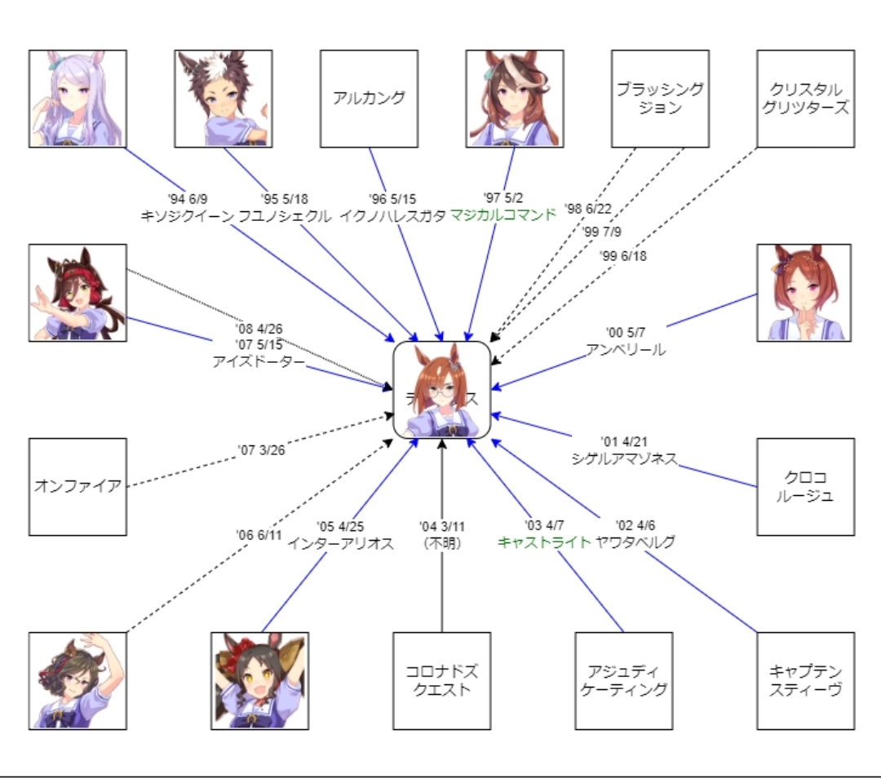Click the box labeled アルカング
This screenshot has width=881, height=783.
tap(369, 99)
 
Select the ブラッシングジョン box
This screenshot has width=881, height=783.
tap(660, 99)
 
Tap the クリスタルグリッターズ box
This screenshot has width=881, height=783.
tap(805, 99)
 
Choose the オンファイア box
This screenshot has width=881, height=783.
tap(77, 487)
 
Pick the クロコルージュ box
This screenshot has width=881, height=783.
tap(805, 487)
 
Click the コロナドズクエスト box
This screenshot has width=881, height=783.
tap(441, 681)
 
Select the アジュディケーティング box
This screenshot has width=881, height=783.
tap(623, 681)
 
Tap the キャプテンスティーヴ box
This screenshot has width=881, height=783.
tap(805, 681)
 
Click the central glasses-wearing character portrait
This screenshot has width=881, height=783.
tap(442, 390)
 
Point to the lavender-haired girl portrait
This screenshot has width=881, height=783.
tap(77, 99)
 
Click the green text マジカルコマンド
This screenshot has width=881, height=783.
tap(502, 215)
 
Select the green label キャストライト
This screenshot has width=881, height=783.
tap(543, 542)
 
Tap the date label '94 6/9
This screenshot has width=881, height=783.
tap(186, 199)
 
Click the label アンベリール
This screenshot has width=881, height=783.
tap(626, 349)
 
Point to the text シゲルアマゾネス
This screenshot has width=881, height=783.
tap(624, 458)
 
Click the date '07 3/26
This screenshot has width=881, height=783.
tap(263, 449)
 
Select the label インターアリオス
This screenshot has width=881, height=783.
tap(341, 543)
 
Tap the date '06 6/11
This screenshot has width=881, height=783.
tap(259, 535)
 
